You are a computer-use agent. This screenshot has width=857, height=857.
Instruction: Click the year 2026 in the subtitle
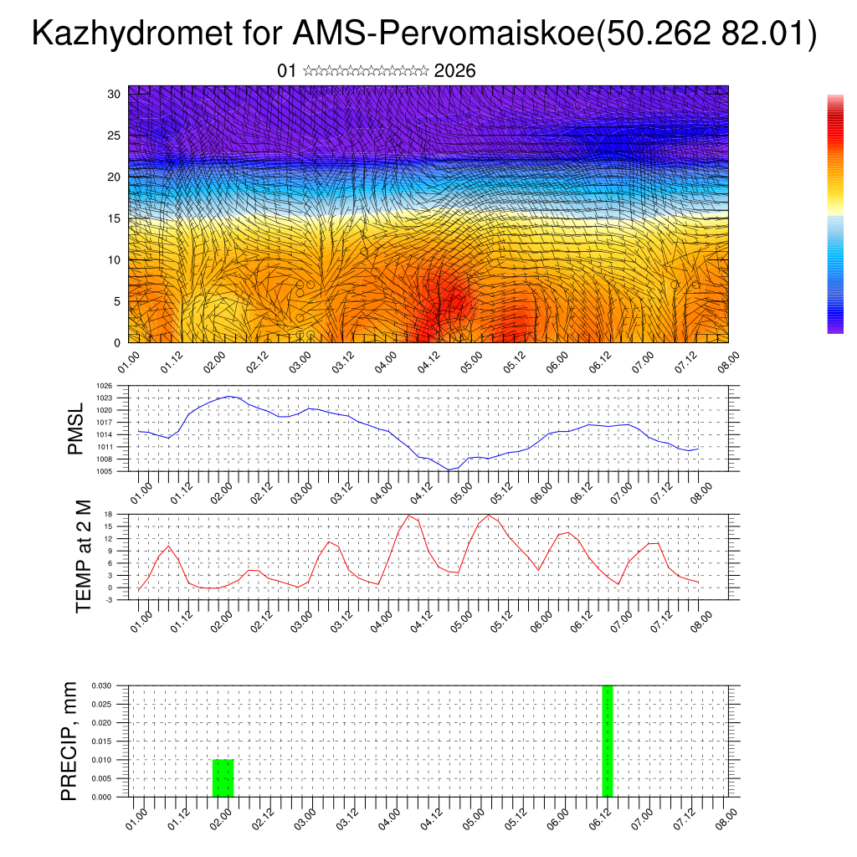[455, 71]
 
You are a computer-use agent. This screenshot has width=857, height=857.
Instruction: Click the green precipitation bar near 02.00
[223, 778]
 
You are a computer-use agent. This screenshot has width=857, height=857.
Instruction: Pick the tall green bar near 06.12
[608, 741]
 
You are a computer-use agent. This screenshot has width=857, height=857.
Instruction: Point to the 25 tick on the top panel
[114, 136]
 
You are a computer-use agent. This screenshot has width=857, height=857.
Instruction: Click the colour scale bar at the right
[835, 214]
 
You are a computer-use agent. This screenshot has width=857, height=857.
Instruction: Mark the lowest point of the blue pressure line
[449, 470]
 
